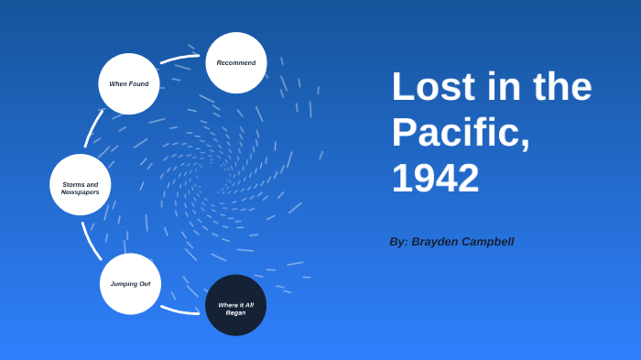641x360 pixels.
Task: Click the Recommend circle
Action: point(236,62)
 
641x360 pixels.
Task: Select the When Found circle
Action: point(129,83)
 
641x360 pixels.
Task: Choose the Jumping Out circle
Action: point(130,284)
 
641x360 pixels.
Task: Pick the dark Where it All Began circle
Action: point(235,305)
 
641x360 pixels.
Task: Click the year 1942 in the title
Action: point(435,178)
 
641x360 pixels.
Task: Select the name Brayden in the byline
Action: point(440,242)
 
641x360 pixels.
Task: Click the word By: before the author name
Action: point(398,242)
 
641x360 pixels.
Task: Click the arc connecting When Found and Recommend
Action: point(179,59)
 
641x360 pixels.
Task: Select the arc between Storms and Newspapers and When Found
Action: point(92,127)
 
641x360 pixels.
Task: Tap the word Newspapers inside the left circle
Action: point(81,192)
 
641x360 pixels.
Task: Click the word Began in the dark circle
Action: point(235,312)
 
